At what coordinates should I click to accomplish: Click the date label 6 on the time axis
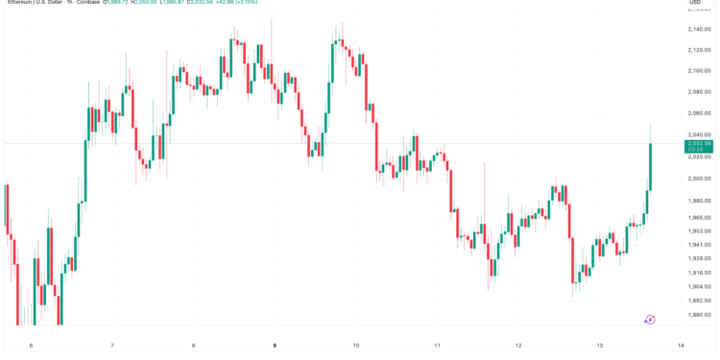[x=31, y=346]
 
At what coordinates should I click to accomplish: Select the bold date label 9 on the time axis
[x=275, y=346]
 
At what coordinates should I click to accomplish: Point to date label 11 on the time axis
[x=437, y=346]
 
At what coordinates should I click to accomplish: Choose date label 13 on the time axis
[x=599, y=346]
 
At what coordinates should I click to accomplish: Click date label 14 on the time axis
[x=680, y=346]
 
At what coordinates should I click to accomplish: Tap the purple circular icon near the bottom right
[x=650, y=319]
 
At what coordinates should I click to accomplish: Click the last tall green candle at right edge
[x=651, y=165]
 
